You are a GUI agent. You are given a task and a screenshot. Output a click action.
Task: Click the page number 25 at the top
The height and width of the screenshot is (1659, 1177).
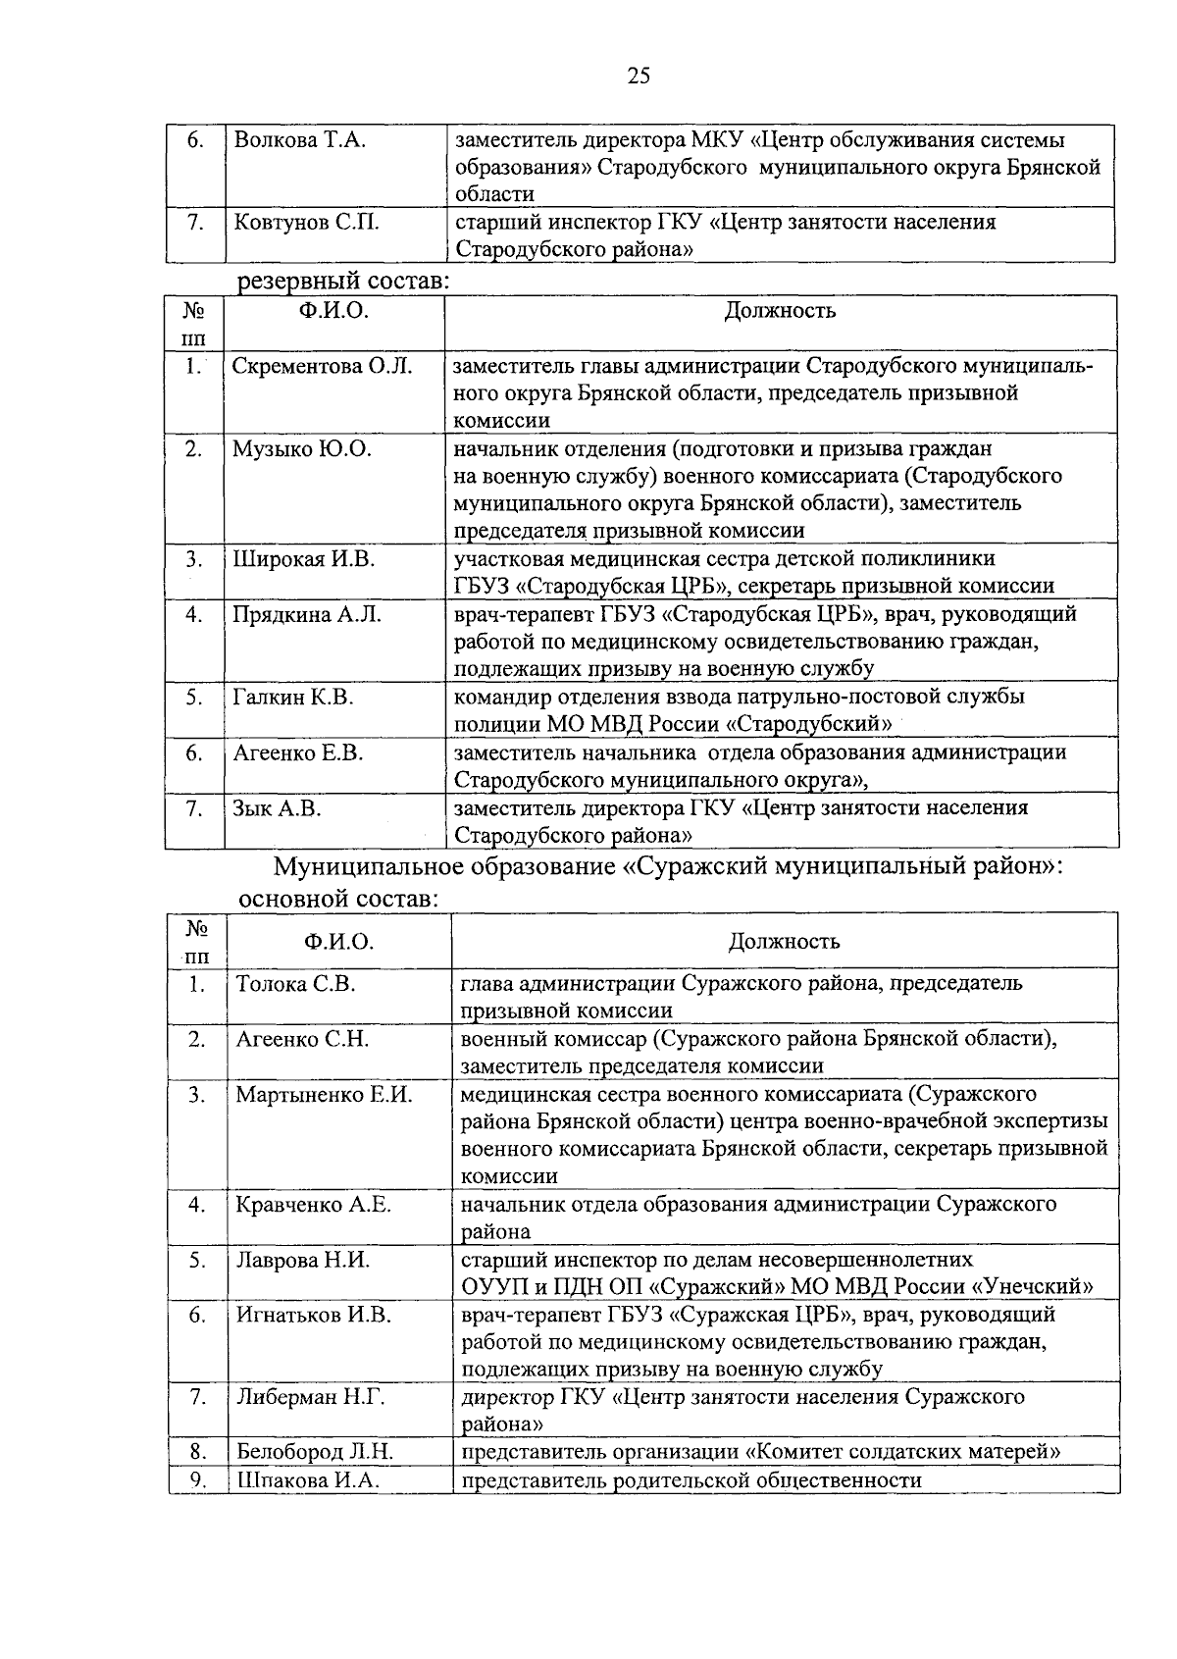pos(639,77)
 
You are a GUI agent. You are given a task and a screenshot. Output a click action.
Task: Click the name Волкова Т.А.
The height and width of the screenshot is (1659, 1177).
pos(300,140)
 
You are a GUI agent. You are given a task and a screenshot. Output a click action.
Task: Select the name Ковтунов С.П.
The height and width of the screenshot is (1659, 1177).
pos(307,223)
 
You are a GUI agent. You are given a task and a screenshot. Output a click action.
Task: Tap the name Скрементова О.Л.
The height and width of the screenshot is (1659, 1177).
pos(323,367)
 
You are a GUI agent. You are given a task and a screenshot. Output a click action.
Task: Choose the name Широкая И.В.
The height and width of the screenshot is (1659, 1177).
pos(304,560)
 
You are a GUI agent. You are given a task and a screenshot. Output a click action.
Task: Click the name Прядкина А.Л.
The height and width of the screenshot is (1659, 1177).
pos(307,615)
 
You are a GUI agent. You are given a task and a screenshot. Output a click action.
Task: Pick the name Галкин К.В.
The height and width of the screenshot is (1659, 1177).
pos(293,698)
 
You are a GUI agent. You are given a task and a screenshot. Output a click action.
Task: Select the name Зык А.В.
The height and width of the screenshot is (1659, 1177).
pos(278,808)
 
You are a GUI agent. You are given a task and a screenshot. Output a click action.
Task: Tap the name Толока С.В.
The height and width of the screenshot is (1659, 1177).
pos(295,984)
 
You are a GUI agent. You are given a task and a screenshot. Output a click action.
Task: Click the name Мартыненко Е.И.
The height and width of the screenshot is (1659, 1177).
pos(324,1095)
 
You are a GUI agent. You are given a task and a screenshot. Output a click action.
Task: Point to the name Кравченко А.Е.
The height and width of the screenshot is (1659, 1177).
pos(313,1205)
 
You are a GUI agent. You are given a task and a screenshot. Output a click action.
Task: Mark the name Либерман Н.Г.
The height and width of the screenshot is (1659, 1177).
pos(310,1397)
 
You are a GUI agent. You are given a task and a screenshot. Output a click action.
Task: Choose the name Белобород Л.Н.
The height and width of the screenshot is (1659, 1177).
pos(315,1452)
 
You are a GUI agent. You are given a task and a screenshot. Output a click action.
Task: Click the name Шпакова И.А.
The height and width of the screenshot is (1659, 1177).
pos(307,1480)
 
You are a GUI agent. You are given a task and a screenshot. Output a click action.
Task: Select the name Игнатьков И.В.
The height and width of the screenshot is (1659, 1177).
pos(313,1315)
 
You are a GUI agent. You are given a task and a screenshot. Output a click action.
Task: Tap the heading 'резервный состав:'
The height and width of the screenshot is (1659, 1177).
pos(344,283)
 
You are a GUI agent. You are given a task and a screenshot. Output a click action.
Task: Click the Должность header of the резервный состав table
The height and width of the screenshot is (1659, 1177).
pos(780,312)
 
